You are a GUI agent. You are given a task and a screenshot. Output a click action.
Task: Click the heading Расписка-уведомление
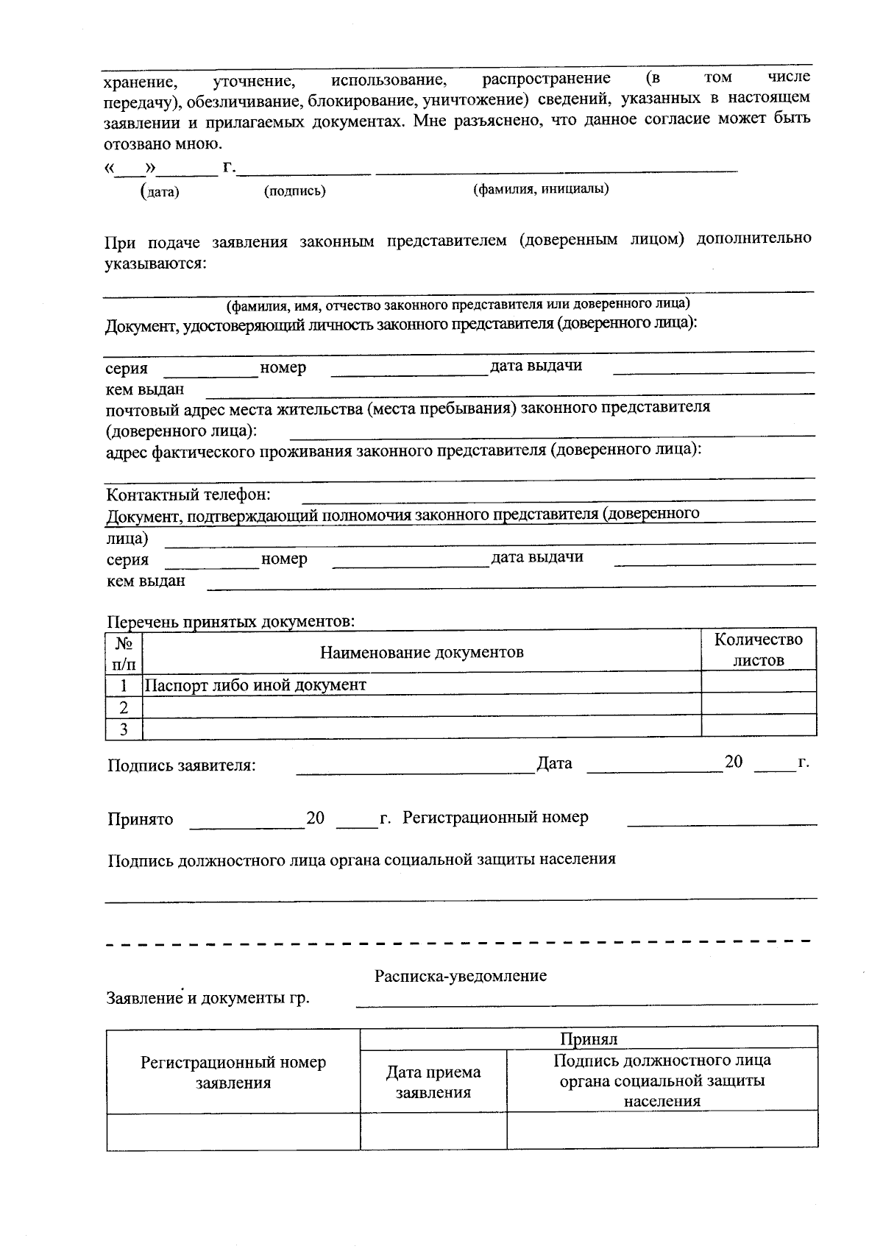tap(460, 976)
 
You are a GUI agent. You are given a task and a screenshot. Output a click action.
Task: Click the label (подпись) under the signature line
tap(294, 191)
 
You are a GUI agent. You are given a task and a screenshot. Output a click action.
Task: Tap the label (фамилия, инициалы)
tap(540, 189)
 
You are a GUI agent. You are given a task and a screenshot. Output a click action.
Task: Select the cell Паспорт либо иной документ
tap(255, 685)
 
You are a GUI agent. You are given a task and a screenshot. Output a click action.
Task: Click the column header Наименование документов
tap(421, 652)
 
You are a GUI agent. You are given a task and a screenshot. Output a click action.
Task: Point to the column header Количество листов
tap(758, 650)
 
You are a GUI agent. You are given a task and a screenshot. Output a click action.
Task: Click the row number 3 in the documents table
tap(124, 729)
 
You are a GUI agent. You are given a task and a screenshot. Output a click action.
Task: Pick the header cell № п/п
tap(124, 653)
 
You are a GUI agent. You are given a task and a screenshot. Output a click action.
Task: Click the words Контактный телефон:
tap(188, 495)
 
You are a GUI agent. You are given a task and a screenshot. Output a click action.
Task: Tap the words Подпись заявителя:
tap(181, 765)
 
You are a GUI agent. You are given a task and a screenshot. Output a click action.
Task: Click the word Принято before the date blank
tap(140, 819)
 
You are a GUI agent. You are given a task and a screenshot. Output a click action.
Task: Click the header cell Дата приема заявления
tap(433, 1082)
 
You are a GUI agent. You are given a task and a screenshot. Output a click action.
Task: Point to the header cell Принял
tap(589, 1039)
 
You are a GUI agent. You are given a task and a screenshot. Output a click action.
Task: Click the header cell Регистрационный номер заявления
tap(233, 1072)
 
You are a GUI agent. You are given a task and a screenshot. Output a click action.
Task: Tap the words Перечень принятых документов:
tap(231, 622)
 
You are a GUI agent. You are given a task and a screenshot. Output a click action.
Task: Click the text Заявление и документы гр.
tap(208, 998)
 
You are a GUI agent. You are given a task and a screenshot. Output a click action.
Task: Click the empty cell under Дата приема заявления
tap(433, 1131)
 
